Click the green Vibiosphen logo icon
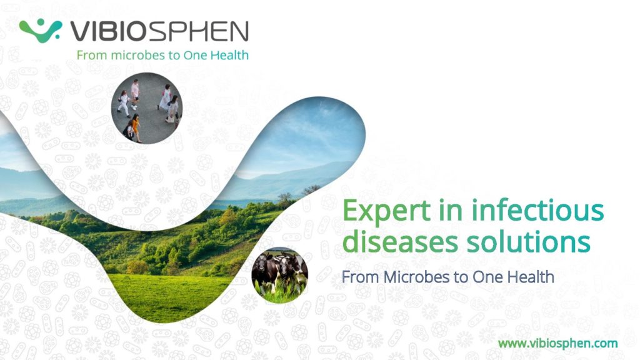[x=41, y=31]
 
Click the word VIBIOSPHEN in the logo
[x=159, y=31]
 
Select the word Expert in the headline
[x=386, y=211]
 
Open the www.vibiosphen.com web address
[x=558, y=343]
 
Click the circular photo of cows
[x=279, y=275]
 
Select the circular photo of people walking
[x=147, y=108]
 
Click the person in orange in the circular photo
[x=136, y=127]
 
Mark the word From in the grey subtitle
[x=361, y=277]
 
